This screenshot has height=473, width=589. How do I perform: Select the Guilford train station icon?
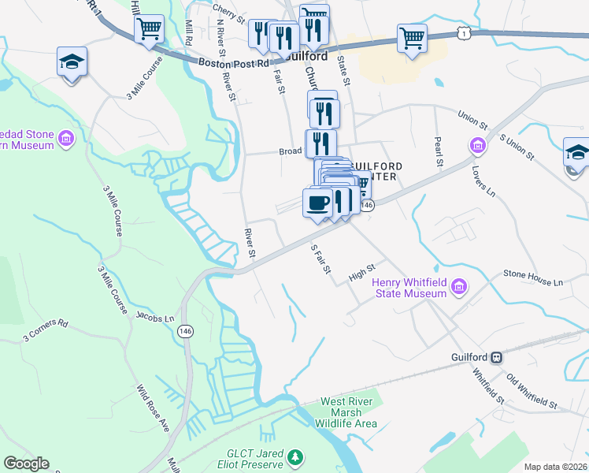click(x=498, y=356)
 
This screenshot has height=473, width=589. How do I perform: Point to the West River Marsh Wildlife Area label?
click(x=348, y=412)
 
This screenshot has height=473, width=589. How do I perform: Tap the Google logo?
click(x=26, y=464)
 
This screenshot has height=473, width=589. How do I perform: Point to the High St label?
click(x=361, y=275)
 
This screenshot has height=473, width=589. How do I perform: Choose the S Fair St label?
click(x=320, y=259)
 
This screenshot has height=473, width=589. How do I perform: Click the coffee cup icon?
click(x=317, y=203)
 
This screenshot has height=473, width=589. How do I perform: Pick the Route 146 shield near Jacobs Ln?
click(x=185, y=331)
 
